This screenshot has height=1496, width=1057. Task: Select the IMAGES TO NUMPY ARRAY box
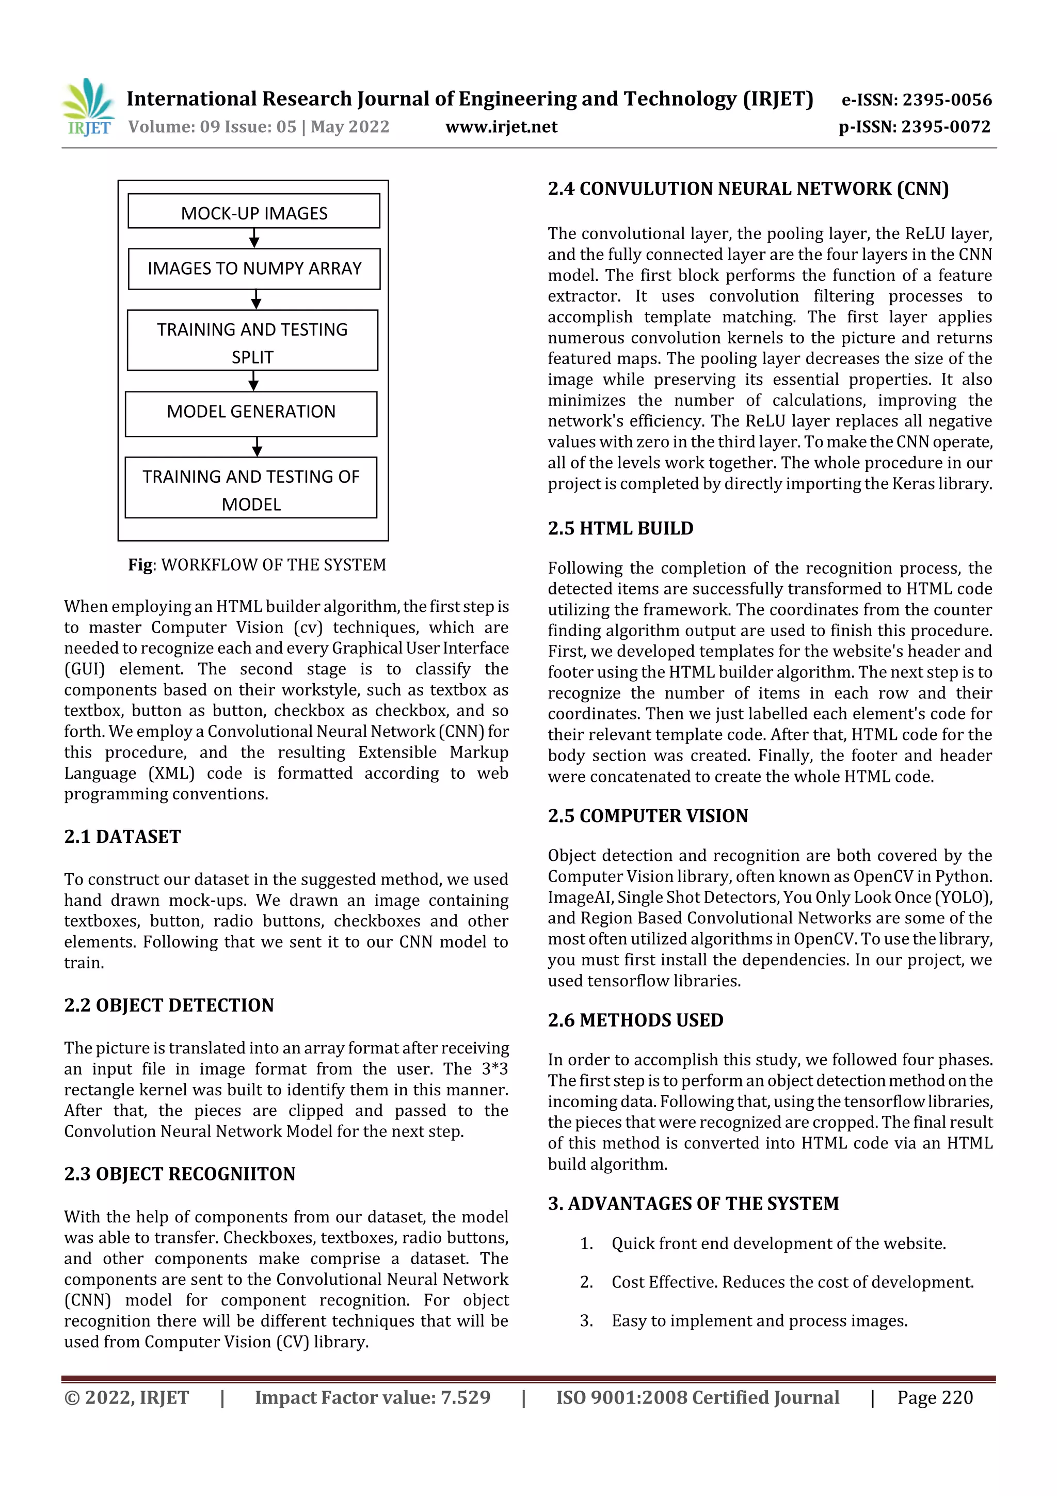click(x=254, y=269)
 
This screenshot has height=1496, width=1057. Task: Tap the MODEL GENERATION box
click(x=251, y=413)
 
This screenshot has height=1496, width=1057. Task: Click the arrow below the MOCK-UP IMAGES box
click(x=254, y=238)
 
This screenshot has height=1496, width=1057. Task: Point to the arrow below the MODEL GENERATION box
click(x=257, y=446)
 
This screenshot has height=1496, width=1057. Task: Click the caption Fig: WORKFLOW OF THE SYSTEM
click(x=257, y=564)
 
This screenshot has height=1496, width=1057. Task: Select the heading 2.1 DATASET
click(x=122, y=837)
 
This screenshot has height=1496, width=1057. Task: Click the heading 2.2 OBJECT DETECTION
click(x=169, y=1005)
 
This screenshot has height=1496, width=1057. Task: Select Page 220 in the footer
click(x=935, y=1397)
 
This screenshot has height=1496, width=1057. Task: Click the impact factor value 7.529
click(x=465, y=1397)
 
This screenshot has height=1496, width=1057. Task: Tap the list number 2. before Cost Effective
click(x=586, y=1282)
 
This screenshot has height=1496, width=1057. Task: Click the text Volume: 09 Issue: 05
click(x=212, y=127)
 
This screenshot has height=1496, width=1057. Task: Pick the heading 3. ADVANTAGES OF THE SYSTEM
click(x=693, y=1203)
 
